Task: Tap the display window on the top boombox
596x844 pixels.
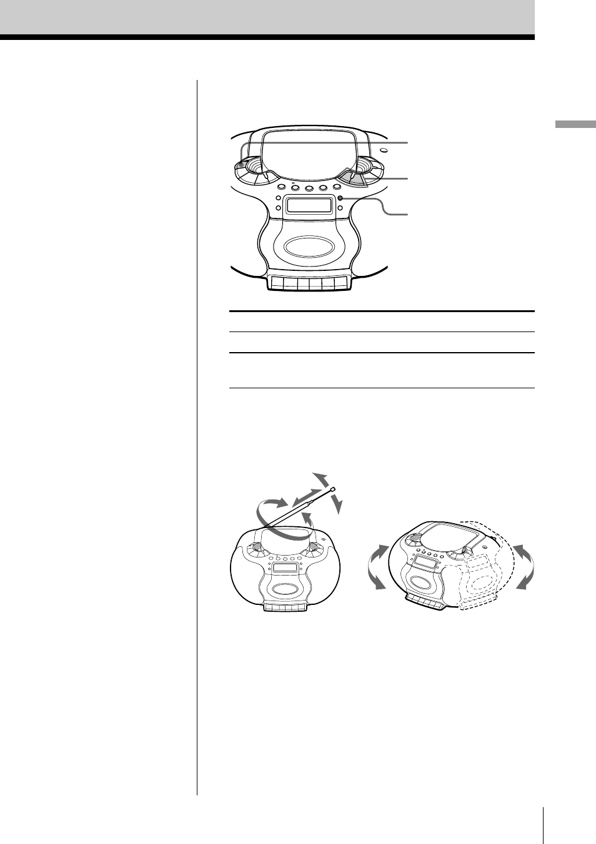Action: (309, 205)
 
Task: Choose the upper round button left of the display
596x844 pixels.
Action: (278, 199)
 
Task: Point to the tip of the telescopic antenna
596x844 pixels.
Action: (334, 489)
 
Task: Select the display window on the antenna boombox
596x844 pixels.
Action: (286, 567)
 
